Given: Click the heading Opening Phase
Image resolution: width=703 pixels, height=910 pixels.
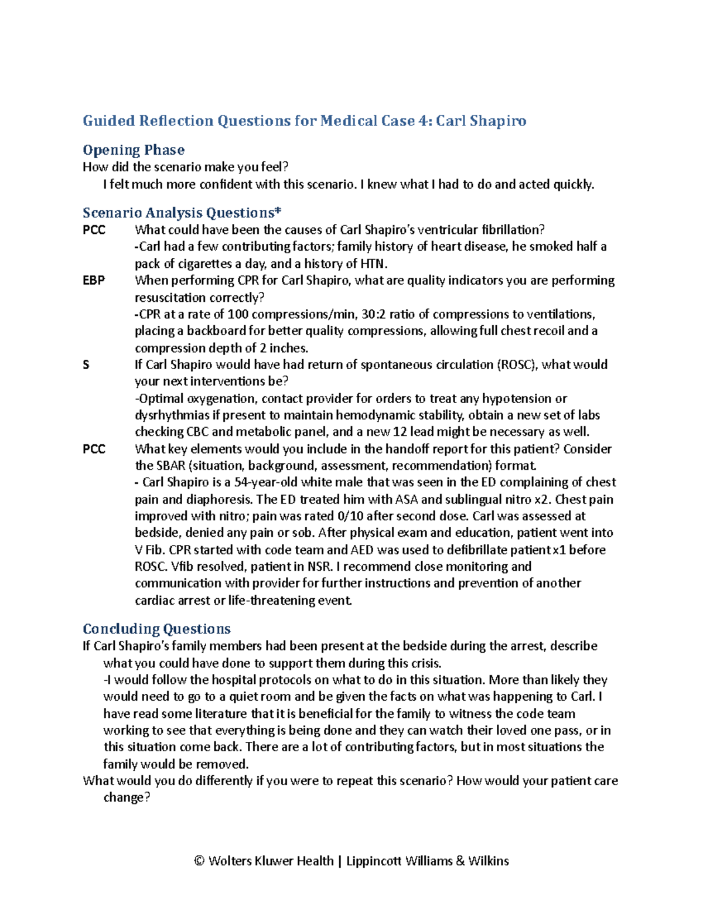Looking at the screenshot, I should [134, 150].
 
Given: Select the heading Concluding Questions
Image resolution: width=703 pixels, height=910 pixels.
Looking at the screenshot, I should [156, 629].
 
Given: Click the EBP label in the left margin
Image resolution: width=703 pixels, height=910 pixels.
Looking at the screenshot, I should [94, 280].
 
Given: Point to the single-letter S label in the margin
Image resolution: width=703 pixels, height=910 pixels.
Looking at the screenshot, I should [86, 364].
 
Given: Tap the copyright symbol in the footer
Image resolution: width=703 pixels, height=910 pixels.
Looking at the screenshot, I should [199, 861].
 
